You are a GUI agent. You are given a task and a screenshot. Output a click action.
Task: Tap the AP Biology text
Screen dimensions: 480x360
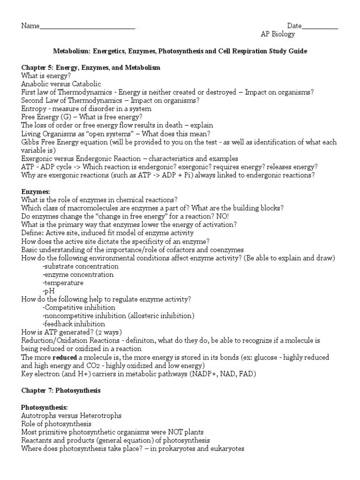[278, 34]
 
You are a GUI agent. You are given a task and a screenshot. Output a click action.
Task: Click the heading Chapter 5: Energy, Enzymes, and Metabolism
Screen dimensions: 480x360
[91, 67]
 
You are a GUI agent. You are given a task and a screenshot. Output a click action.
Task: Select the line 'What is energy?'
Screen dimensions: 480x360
[46, 75]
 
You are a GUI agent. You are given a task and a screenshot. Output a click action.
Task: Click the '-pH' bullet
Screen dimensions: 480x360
[48, 291]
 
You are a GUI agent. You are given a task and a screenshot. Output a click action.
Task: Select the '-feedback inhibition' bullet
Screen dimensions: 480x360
[74, 324]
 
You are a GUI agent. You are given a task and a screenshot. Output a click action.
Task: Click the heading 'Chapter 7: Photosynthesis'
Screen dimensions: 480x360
[61, 390]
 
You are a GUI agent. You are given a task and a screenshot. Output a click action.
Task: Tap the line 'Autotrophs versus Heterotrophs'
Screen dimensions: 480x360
[71, 415]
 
